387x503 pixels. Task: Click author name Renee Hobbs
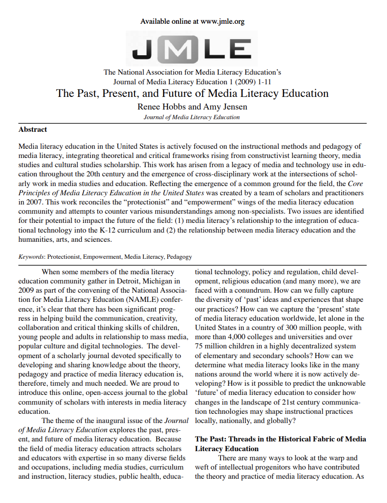(x=158, y=106)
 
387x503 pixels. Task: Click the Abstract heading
(x=32, y=129)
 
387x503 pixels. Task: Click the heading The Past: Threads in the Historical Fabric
(x=281, y=439)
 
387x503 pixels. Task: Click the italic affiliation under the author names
(x=192, y=117)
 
